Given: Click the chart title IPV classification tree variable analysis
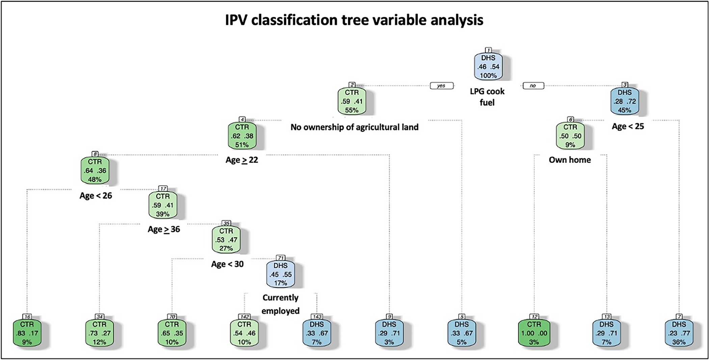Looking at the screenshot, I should click(x=354, y=20).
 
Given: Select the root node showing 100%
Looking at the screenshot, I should click(x=488, y=67).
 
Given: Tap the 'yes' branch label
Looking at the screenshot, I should click(x=441, y=86).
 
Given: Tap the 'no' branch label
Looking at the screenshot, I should click(x=533, y=86).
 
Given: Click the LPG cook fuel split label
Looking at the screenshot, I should click(x=487, y=97).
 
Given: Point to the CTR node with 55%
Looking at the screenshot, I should click(x=352, y=101).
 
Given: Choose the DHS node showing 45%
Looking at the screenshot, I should click(x=625, y=101).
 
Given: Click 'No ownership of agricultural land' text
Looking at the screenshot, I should click(x=354, y=127).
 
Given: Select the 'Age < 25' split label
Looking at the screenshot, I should click(x=628, y=127).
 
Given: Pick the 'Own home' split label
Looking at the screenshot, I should click(x=570, y=160).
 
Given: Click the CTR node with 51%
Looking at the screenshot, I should click(x=242, y=136).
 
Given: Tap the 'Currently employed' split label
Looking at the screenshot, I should click(x=281, y=304).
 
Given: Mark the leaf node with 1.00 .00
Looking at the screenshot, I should click(x=534, y=333).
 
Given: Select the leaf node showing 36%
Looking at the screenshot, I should click(x=679, y=333).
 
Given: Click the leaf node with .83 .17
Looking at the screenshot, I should click(x=27, y=333).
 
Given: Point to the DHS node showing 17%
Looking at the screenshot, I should click(x=281, y=274).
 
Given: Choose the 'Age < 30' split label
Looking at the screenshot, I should click(x=227, y=264).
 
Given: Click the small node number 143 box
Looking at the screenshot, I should click(x=317, y=316).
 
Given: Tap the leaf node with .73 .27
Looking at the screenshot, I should click(x=99, y=333).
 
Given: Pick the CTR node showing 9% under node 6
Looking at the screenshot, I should click(x=570, y=136).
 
